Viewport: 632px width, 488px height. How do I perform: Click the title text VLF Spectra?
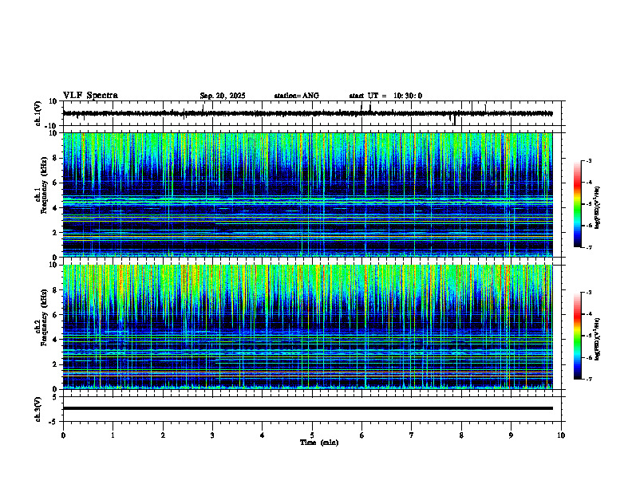pyautogui.click(x=90, y=96)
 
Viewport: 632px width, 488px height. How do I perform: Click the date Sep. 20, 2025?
pyautogui.click(x=223, y=96)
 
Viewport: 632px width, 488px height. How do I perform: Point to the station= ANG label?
pyautogui.click(x=296, y=96)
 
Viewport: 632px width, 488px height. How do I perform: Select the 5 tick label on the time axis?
pyautogui.click(x=312, y=435)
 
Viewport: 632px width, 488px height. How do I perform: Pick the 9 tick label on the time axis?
pyautogui.click(x=512, y=435)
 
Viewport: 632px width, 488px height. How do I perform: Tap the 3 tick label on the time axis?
pyautogui.click(x=212, y=435)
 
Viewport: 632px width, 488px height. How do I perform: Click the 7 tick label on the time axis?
pyautogui.click(x=412, y=435)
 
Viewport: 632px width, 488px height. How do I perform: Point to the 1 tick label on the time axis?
pyautogui.click(x=113, y=435)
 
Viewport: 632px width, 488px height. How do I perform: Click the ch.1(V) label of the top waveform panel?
pyautogui.click(x=38, y=113)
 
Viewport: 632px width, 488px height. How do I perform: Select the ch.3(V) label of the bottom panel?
pyautogui.click(x=38, y=407)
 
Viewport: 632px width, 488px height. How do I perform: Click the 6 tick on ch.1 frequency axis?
pyautogui.click(x=57, y=183)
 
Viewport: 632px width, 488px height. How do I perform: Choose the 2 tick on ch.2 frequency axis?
pyautogui.click(x=57, y=364)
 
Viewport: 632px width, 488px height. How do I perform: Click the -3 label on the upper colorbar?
pyautogui.click(x=589, y=161)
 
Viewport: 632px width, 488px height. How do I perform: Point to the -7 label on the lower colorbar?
pyautogui.click(x=589, y=380)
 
